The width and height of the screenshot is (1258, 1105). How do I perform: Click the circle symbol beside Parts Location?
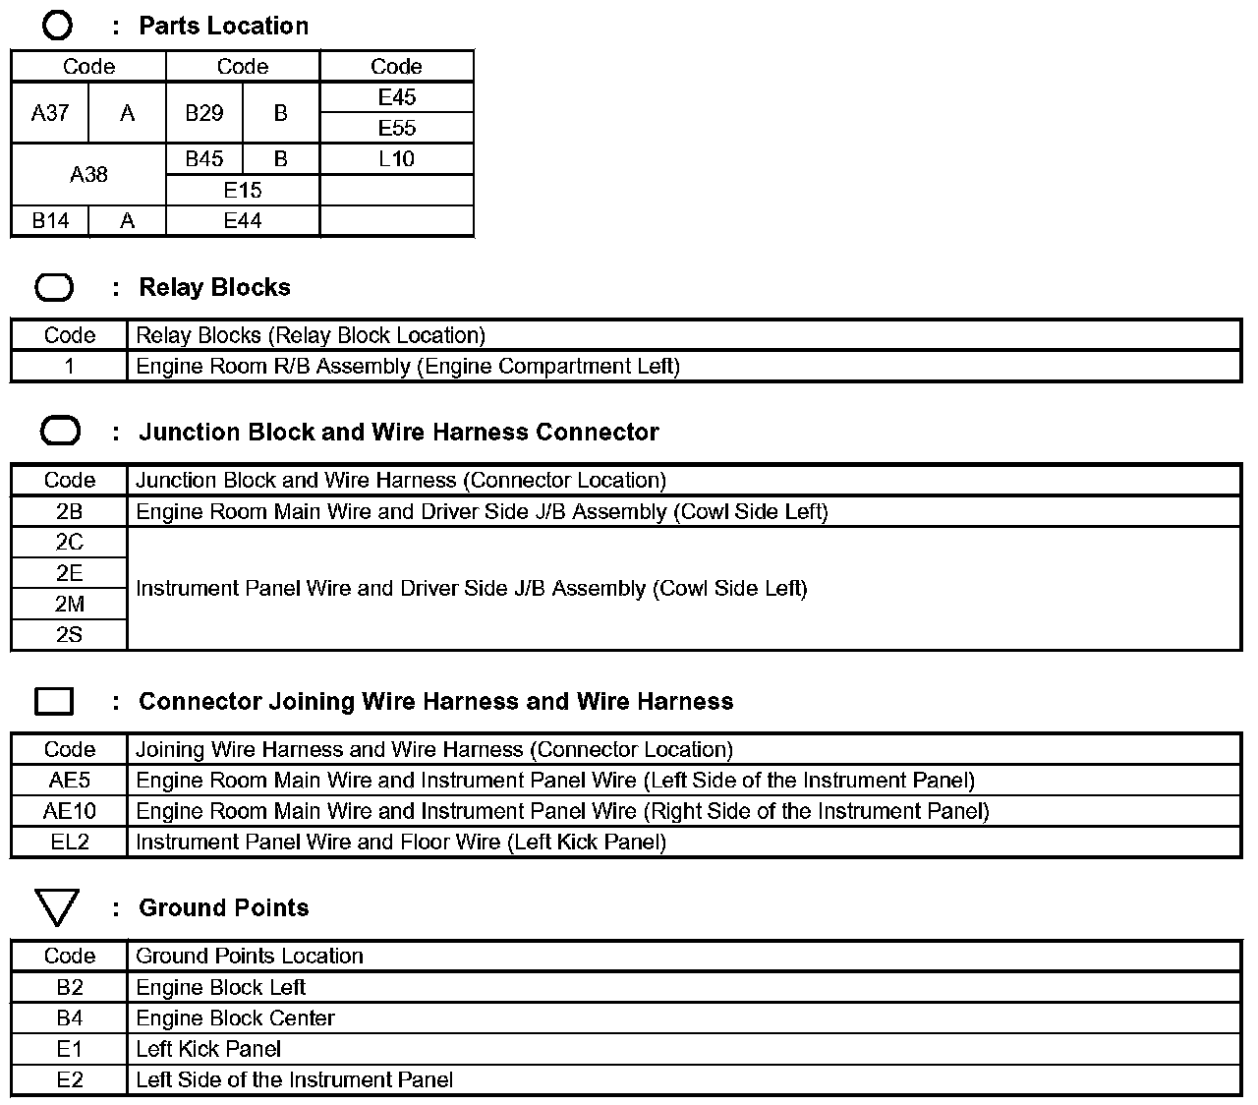(x=57, y=26)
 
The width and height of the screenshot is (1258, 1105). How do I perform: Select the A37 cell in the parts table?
(x=50, y=113)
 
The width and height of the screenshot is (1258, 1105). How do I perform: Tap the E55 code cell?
(x=397, y=128)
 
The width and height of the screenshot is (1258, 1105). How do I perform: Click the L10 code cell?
(x=397, y=159)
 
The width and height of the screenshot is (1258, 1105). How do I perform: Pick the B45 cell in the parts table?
(x=204, y=159)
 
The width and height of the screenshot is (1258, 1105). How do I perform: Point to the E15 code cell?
(x=243, y=190)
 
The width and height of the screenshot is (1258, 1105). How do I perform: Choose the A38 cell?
(x=88, y=175)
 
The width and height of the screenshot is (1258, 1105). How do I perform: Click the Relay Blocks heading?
(x=214, y=288)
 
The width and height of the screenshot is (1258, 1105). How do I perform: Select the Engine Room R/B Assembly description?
(x=407, y=367)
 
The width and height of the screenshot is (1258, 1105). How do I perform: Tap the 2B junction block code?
(x=70, y=511)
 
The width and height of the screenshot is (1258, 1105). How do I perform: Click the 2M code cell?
(x=70, y=604)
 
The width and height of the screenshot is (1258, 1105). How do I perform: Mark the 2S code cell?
(x=70, y=635)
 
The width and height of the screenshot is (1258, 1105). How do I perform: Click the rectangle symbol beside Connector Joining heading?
(x=54, y=701)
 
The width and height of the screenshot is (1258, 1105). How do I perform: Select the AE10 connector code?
(x=70, y=811)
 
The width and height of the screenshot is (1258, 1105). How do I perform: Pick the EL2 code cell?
(x=70, y=843)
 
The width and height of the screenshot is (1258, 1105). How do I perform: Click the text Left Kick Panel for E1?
(x=208, y=1049)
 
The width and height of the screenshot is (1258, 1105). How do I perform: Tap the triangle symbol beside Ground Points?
(x=56, y=907)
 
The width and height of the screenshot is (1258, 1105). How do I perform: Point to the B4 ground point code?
(x=70, y=1018)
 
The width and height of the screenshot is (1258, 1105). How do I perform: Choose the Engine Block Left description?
(x=221, y=987)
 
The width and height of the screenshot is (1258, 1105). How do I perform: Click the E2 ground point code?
(x=70, y=1080)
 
